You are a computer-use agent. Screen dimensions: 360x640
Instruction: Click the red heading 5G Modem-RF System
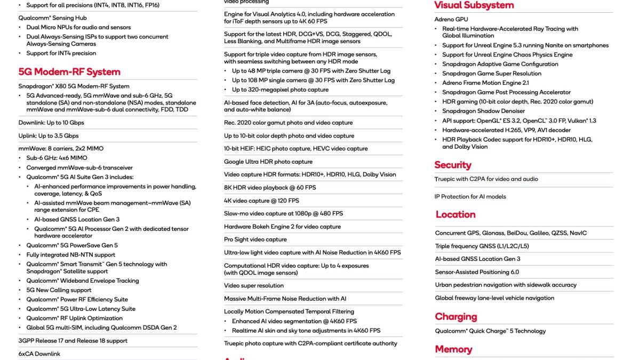pos(69,72)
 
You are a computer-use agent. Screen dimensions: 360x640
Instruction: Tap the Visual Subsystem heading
pos(474,5)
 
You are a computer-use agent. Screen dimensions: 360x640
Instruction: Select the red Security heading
pos(453,165)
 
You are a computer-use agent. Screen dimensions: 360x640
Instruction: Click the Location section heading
pos(455,214)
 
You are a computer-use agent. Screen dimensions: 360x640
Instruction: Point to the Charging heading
pos(456,316)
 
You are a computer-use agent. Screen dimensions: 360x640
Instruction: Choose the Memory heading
pos(453,349)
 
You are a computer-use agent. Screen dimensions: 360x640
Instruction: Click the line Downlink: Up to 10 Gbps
pos(51,123)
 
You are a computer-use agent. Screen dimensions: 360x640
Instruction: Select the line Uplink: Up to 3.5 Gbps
pos(49,136)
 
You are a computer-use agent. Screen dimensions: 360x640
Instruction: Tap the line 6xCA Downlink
pos(39,354)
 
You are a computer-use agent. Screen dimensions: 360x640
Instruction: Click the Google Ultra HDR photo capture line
pos(268,162)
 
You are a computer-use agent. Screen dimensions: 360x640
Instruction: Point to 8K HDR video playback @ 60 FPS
pos(270,188)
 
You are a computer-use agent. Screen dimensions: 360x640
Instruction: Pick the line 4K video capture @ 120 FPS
pos(261,201)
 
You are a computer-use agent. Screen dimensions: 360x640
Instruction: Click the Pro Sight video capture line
pos(255,239)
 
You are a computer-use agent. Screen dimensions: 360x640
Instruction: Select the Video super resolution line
pos(254,285)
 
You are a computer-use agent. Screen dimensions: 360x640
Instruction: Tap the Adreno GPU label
pos(452,19)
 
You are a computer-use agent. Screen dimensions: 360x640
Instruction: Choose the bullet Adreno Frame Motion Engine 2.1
pos(485,83)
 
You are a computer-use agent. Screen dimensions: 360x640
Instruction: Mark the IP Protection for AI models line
pos(470,197)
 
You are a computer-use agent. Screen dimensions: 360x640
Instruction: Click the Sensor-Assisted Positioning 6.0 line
pos(477,272)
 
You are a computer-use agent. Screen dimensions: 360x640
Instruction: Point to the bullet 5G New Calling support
pos(59,290)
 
